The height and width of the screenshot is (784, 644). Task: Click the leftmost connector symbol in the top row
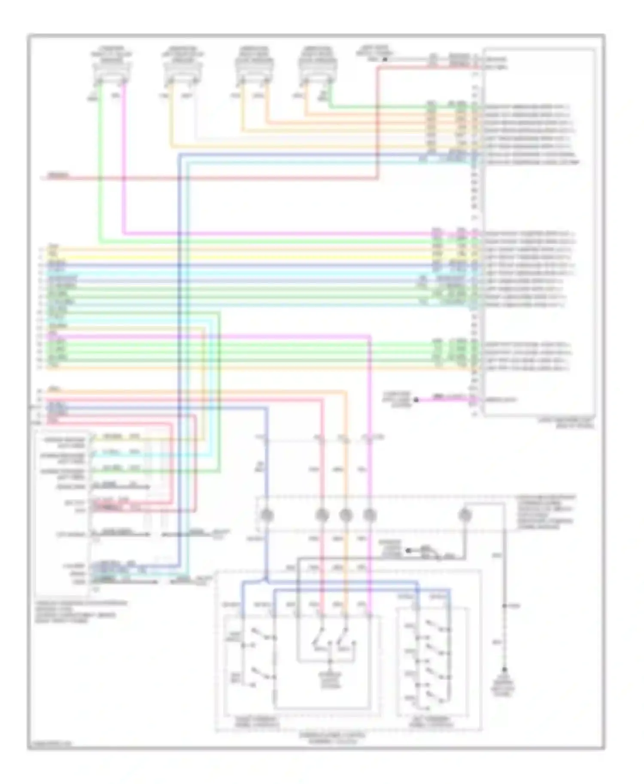111,75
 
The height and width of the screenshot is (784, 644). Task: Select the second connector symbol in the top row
182,75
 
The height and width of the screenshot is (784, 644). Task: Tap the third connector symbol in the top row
254,75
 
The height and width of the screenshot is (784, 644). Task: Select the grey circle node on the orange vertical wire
346,515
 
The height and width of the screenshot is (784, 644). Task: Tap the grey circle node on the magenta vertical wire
370,515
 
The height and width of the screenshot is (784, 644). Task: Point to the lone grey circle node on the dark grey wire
465,515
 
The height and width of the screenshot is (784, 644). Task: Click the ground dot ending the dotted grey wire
504,669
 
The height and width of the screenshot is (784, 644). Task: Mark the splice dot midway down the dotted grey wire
504,606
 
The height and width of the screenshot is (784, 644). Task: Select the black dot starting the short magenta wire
416,400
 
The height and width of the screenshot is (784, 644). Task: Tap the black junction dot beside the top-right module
385,59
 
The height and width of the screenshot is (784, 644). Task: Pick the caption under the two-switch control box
256,722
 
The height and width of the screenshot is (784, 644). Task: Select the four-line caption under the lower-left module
82,612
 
